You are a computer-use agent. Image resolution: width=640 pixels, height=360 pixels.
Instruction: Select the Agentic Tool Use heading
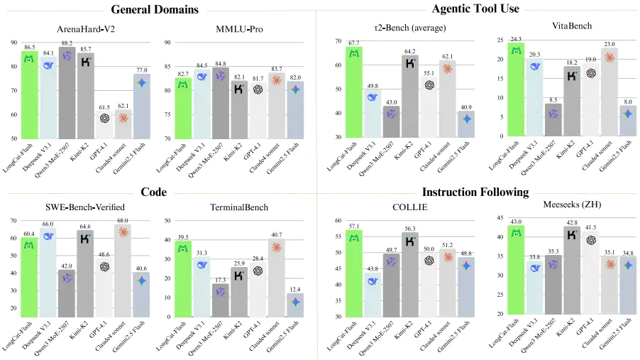pos(475,9)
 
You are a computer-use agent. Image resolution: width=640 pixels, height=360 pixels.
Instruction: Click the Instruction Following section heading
pos(475,192)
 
